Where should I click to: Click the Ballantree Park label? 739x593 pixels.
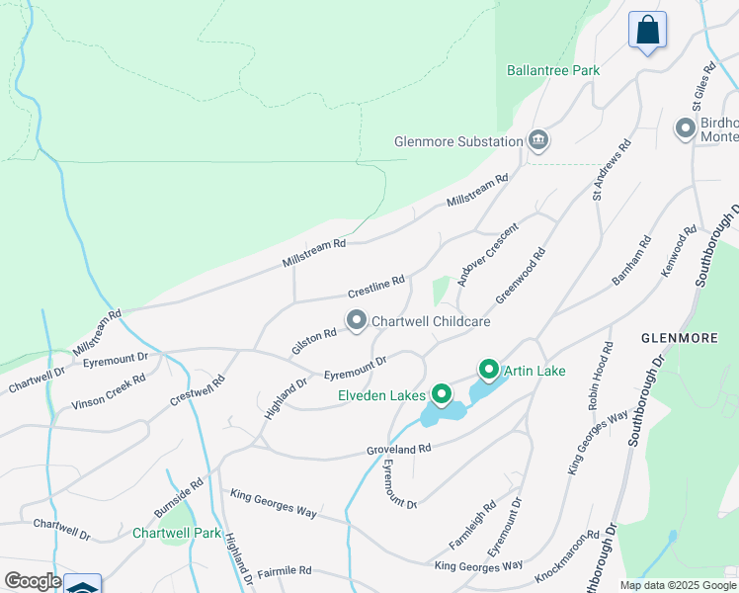pyautogui.click(x=553, y=70)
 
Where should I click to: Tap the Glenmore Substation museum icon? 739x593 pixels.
pyautogui.click(x=538, y=140)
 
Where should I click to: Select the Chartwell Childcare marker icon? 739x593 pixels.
pyautogui.click(x=356, y=320)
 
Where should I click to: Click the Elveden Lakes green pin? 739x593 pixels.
pyautogui.click(x=441, y=395)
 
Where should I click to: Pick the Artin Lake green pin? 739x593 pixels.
pyautogui.click(x=488, y=371)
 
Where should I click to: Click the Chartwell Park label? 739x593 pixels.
pyautogui.click(x=178, y=533)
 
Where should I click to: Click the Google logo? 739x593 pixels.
pyautogui.click(x=32, y=581)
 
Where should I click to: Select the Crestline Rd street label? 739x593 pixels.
pyautogui.click(x=375, y=288)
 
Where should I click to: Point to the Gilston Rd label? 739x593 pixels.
pyautogui.click(x=314, y=342)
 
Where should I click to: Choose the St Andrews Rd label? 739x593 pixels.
pyautogui.click(x=611, y=170)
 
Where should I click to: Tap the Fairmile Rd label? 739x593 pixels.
pyautogui.click(x=285, y=571)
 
